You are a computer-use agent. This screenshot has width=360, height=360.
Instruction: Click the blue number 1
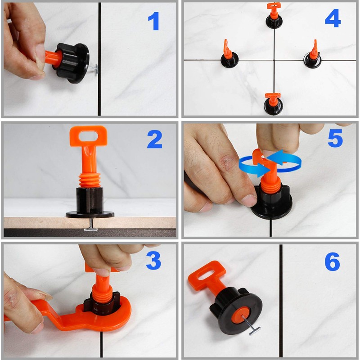154,21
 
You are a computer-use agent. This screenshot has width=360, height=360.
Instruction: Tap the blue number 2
154,139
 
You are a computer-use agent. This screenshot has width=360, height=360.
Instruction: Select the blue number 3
153,261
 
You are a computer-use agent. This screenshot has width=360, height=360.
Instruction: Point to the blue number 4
333,18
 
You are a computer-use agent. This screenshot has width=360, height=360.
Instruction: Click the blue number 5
335,138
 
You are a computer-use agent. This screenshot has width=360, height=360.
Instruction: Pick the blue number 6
332,261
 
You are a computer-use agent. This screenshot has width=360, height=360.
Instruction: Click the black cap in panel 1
72,63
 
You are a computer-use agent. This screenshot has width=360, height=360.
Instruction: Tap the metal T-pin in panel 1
94,69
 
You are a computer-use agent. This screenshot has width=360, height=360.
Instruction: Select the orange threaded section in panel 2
90,180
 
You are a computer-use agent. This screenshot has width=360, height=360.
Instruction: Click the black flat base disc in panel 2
90,215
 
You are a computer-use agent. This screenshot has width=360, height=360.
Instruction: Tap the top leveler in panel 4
274,16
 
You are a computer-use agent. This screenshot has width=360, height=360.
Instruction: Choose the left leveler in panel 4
229,54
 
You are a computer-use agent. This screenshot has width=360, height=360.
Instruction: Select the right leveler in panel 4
313,55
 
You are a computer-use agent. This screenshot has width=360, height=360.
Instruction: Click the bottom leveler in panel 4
273,104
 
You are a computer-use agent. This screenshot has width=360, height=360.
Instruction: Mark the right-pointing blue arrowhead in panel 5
263,170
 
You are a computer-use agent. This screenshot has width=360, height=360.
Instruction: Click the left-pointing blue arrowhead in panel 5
274,157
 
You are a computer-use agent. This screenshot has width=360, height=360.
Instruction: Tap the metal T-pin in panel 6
252,325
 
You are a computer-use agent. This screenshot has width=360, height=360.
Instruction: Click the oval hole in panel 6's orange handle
206,275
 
